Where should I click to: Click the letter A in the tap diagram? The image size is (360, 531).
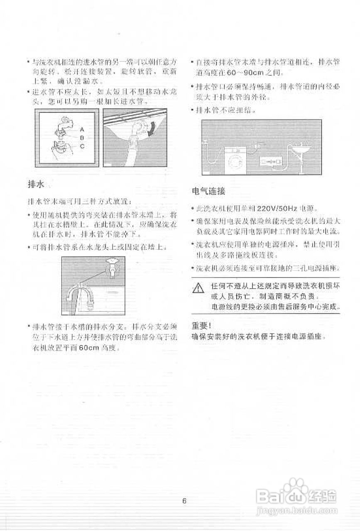click(82, 129)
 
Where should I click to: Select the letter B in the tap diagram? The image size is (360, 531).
click(82, 137)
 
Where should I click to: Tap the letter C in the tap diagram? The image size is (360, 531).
click(82, 146)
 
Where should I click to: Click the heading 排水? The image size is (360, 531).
click(34, 184)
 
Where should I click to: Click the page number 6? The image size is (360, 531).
click(184, 500)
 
